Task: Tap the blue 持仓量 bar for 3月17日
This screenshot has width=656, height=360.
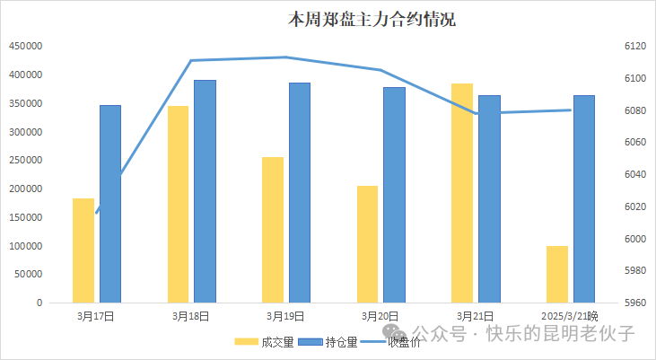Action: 110,204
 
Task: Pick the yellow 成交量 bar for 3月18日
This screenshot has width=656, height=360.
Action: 178,204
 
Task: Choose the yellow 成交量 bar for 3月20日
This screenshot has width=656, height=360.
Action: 367,243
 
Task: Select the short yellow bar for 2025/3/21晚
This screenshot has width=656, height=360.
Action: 557,273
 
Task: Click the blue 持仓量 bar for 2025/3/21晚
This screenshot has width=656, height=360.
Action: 584,198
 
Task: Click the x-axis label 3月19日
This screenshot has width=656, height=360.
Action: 285,316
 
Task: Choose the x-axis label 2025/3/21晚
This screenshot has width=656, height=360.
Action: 570,316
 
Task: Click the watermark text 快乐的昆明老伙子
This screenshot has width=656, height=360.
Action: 561,333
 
